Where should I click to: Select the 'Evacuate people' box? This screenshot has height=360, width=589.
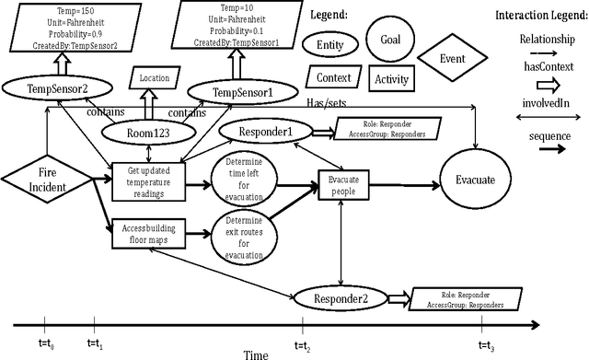pos(343,184)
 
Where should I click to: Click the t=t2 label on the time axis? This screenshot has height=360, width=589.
pos(303,343)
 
